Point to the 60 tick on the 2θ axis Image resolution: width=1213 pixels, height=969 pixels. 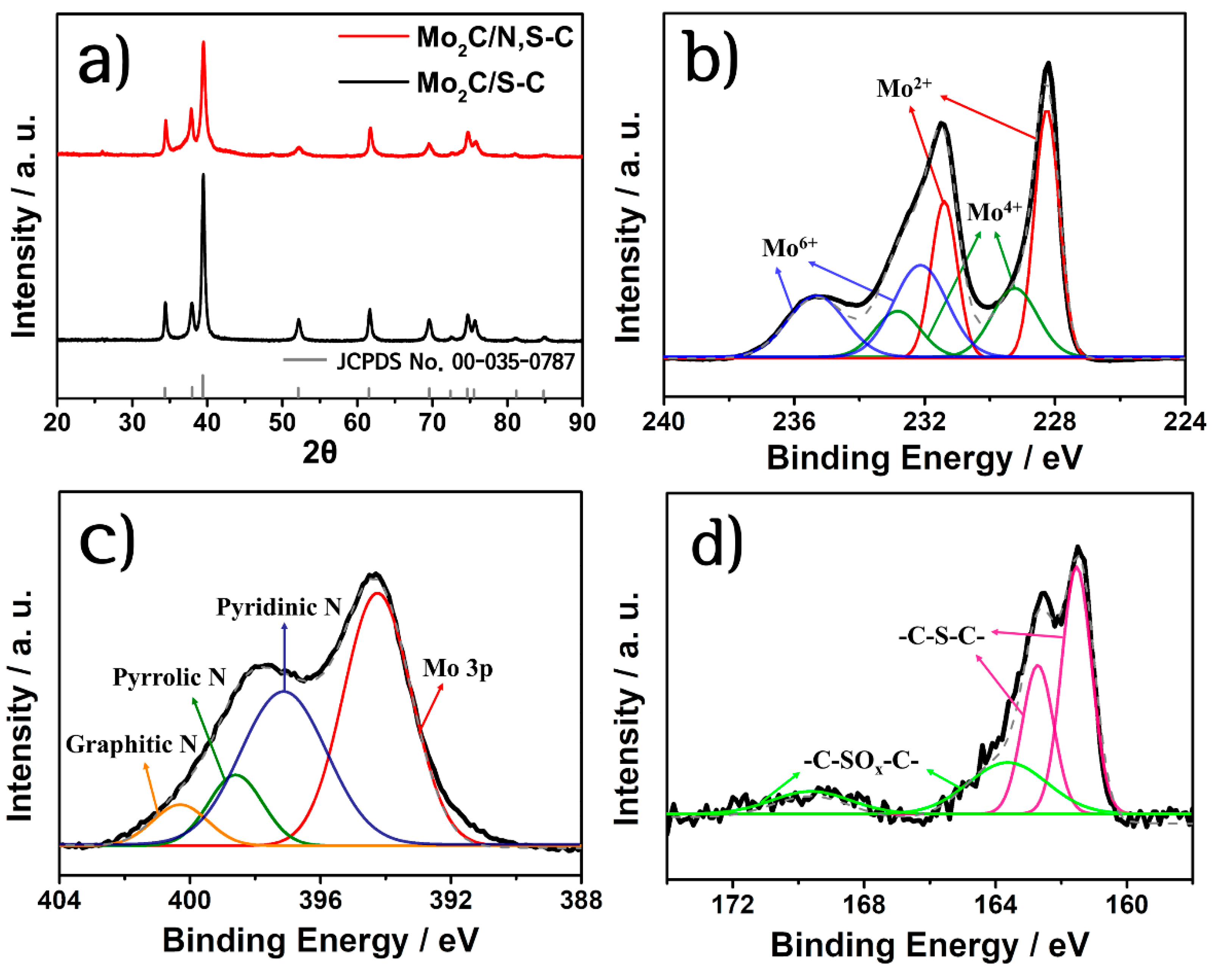point(357,422)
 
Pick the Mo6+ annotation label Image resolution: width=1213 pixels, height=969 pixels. point(789,248)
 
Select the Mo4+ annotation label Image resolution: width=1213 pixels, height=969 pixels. point(993,212)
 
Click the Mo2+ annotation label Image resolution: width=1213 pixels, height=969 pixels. point(904,88)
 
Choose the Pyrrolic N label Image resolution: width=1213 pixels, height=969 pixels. point(169,677)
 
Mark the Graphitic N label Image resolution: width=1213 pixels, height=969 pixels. point(131,744)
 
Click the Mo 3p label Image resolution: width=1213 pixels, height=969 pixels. point(457,668)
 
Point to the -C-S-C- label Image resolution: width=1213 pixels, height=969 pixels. point(941,637)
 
